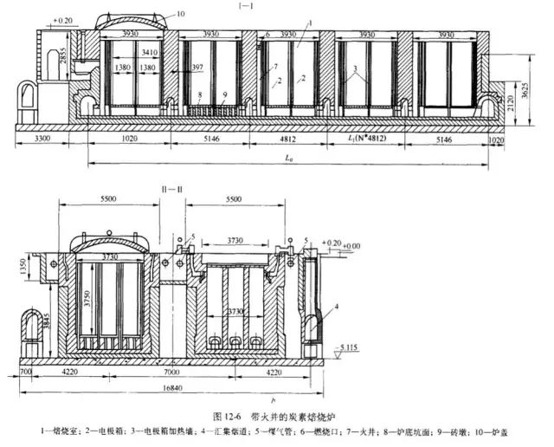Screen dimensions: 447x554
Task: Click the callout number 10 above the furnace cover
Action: pyautogui.click(x=180, y=13)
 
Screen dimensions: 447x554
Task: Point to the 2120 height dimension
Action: pyautogui.click(x=523, y=102)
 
